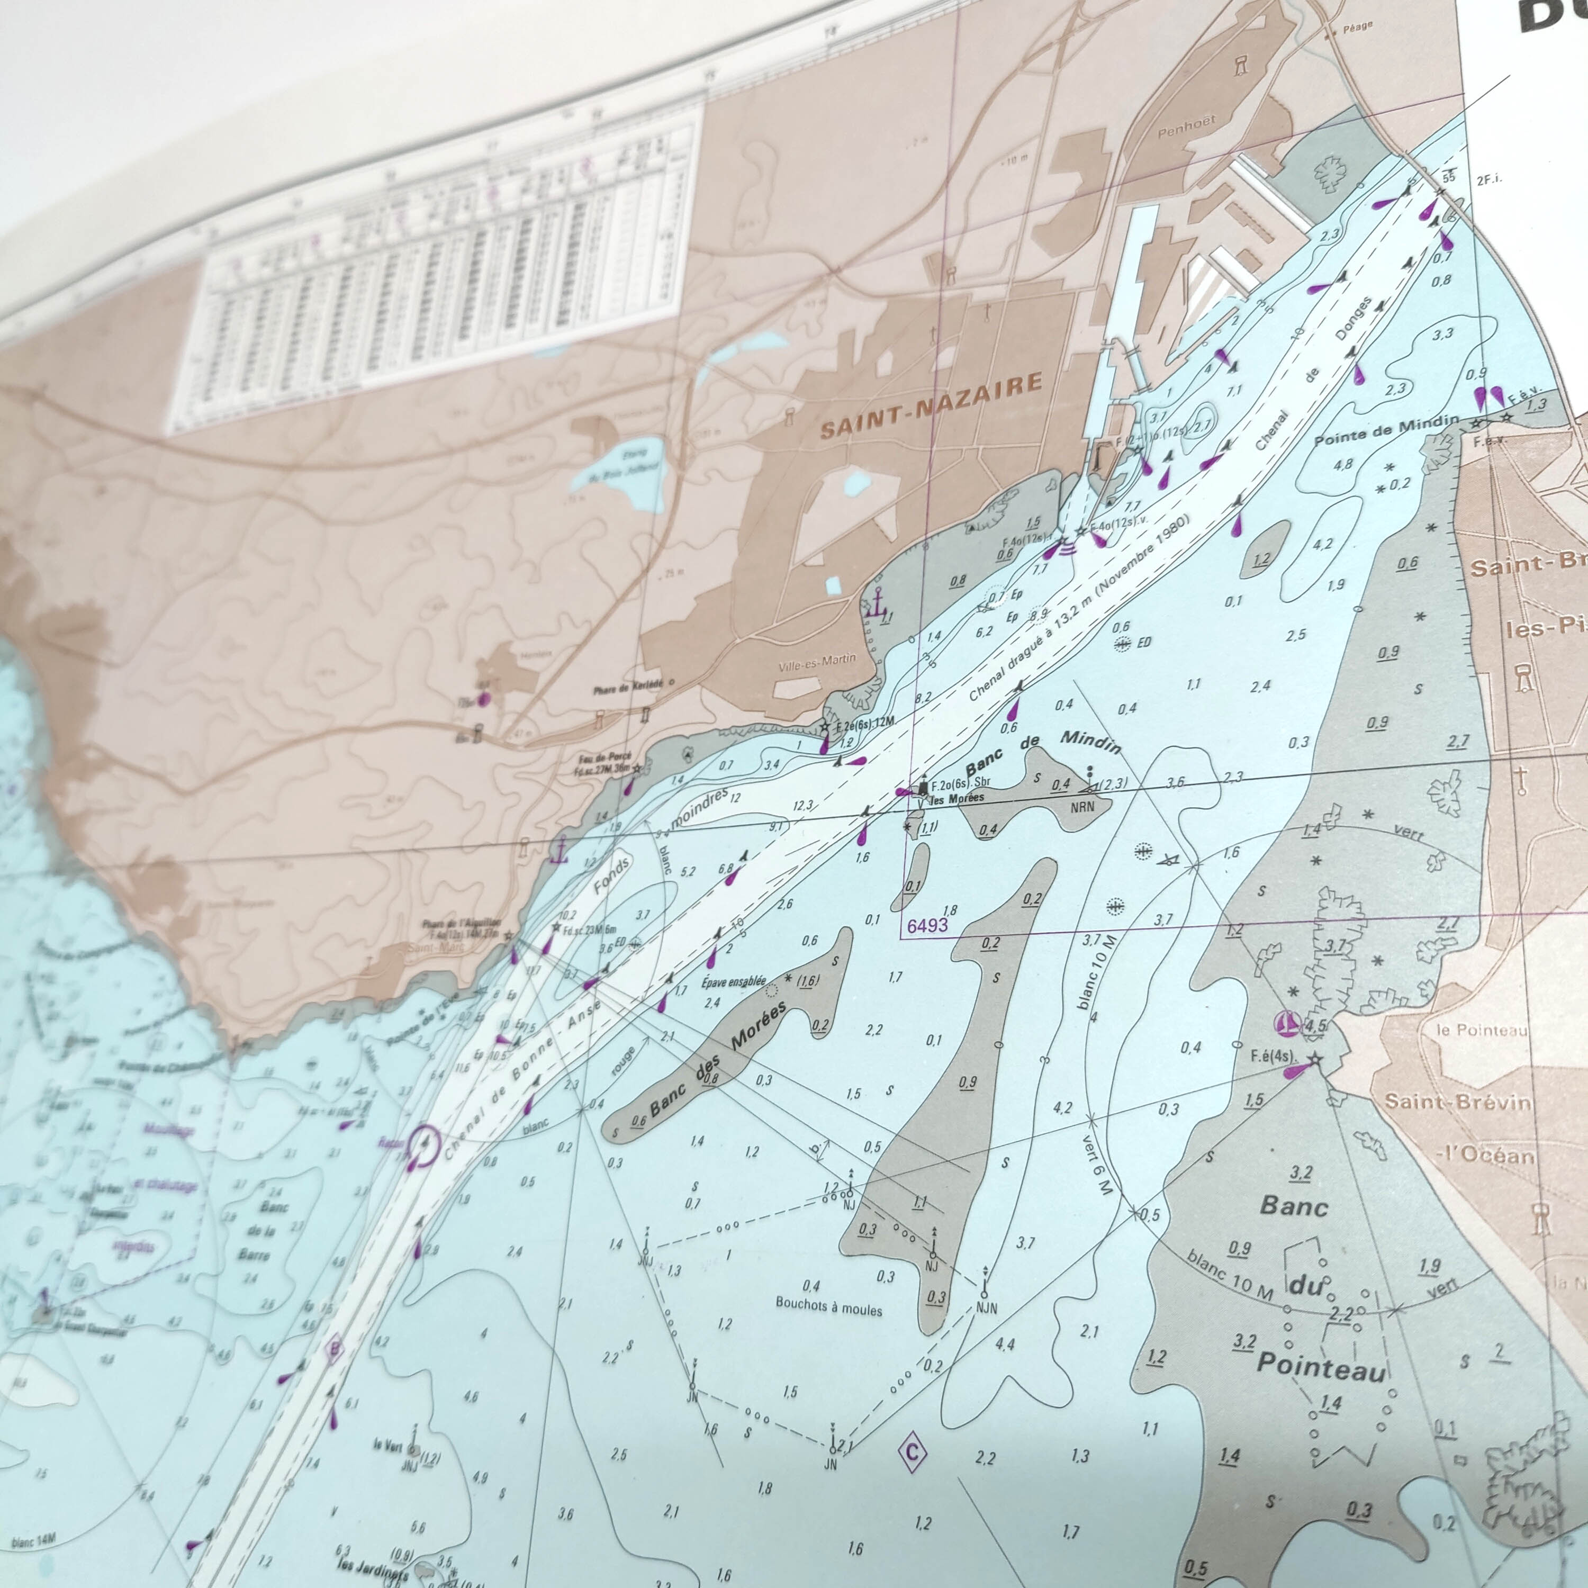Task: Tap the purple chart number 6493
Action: point(927,925)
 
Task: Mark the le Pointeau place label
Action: point(1481,1030)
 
